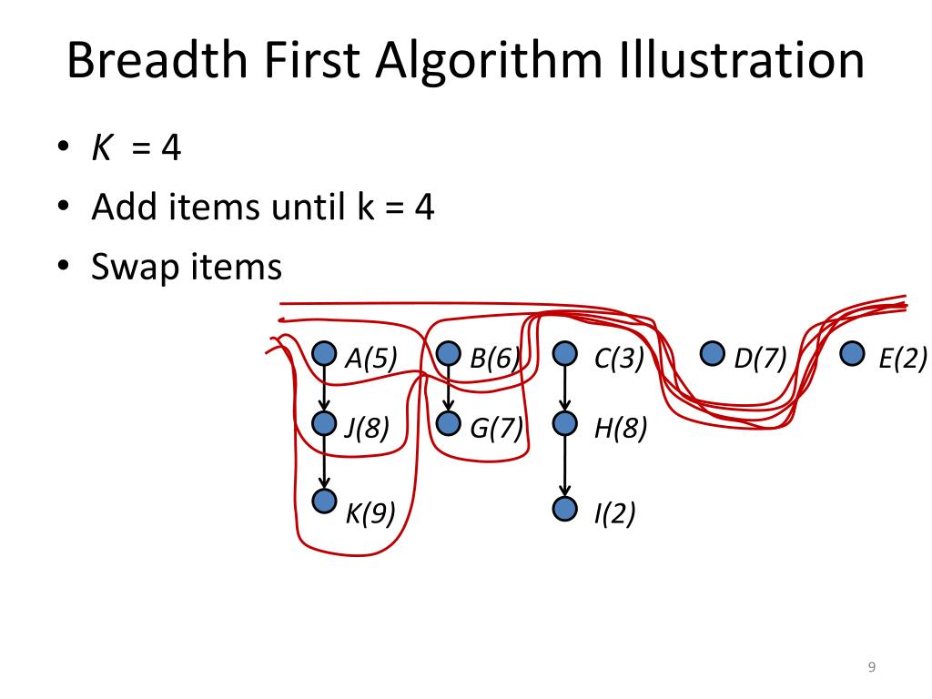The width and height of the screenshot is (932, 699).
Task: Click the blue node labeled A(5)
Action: pos(324,353)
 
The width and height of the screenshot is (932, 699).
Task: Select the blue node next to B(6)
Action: pos(449,353)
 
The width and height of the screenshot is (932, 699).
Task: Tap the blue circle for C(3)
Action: pos(565,353)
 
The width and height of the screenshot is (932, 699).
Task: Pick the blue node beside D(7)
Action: pos(713,353)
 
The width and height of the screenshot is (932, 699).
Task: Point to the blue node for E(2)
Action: pos(852,353)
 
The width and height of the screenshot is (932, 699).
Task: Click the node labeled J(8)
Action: pos(324,423)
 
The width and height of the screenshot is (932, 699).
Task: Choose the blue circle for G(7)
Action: pos(449,423)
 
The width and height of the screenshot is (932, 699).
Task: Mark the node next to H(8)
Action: pos(565,423)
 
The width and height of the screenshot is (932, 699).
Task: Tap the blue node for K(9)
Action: pos(324,501)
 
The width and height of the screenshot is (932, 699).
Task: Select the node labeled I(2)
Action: pos(565,509)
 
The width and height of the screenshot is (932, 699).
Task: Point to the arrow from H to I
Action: pos(565,466)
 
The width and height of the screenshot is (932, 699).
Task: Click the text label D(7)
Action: pos(760,359)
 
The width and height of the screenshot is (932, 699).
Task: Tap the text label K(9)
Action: pos(370,514)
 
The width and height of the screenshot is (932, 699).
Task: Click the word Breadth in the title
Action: pos(156,62)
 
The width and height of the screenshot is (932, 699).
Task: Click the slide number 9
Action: pos(871,668)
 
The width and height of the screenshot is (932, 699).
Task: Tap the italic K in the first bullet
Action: pos(101,147)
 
